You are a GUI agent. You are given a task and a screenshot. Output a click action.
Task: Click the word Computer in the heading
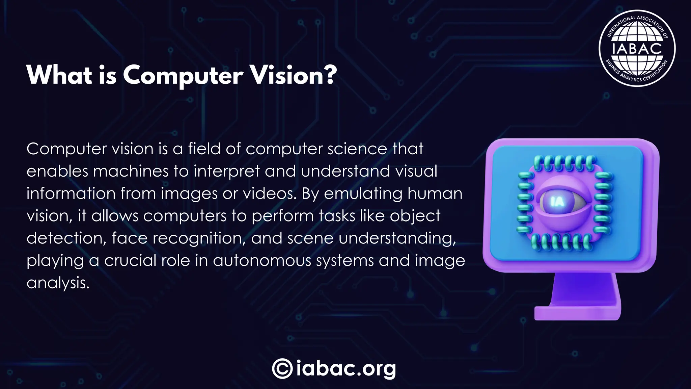click(183, 75)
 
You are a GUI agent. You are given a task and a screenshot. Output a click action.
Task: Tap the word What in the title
click(59, 75)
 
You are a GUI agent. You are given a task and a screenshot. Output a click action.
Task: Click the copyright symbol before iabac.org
click(282, 368)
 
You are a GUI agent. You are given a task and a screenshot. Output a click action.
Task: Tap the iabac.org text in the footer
click(346, 368)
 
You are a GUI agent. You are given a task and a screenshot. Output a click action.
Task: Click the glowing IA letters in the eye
click(557, 202)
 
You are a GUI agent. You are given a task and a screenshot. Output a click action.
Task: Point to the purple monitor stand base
click(577, 313)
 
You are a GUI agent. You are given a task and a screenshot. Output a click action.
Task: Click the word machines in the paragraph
click(131, 171)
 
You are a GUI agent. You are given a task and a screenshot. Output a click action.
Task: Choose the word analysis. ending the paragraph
click(58, 283)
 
